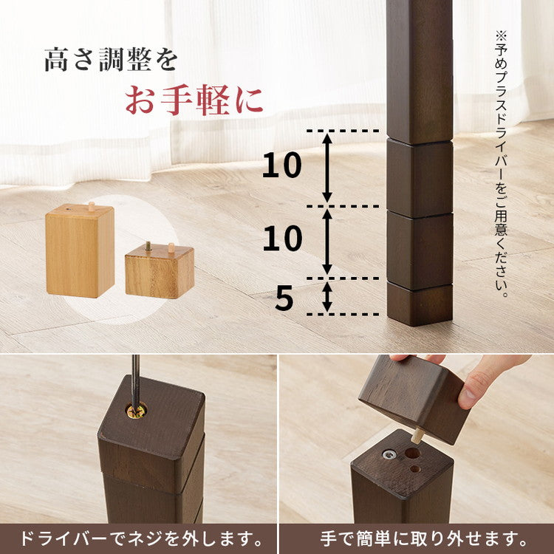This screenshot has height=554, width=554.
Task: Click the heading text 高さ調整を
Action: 111,60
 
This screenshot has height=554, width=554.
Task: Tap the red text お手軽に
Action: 194,101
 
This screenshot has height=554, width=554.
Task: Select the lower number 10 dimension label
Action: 282,239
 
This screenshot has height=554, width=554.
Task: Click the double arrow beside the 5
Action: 327,296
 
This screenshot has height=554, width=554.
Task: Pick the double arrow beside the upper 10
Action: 327,168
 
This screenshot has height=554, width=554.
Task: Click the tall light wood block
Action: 80,252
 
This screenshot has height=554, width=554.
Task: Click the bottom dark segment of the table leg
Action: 420,303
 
